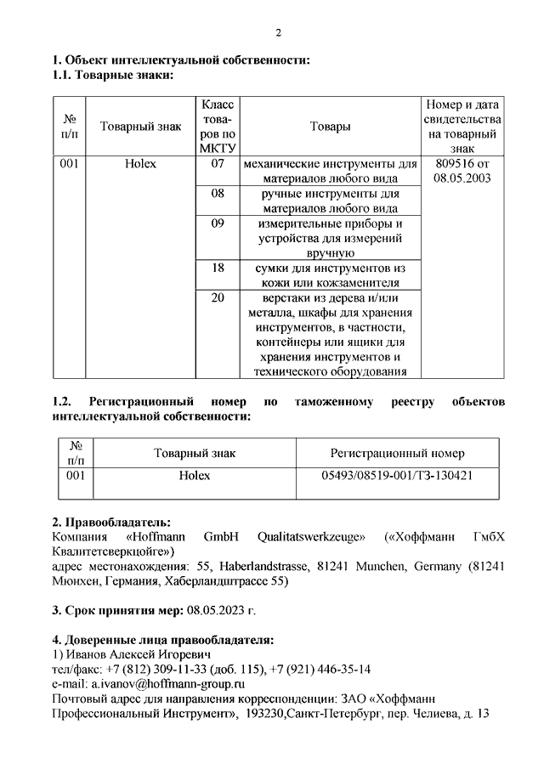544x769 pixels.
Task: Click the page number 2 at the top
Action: click(x=277, y=33)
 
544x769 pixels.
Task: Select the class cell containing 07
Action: click(x=218, y=163)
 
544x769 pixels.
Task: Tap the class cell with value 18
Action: click(x=218, y=268)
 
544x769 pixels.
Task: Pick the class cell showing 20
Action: click(x=218, y=297)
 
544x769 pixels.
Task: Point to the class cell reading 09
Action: click(x=218, y=223)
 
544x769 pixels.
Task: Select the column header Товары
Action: click(x=330, y=127)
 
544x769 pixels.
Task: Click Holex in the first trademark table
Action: click(x=140, y=163)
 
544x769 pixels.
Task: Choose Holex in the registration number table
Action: click(x=194, y=476)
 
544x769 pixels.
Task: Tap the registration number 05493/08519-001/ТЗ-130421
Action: click(x=397, y=476)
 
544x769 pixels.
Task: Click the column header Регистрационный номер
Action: click(x=397, y=453)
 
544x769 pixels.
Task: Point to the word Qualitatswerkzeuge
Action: click(x=312, y=536)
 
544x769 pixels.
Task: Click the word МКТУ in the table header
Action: click(x=218, y=150)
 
